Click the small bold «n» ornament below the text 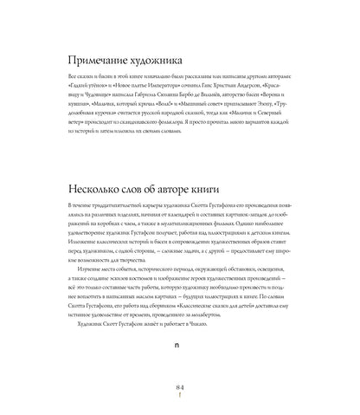[x=179, y=344]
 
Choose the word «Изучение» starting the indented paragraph [x=92, y=269]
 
